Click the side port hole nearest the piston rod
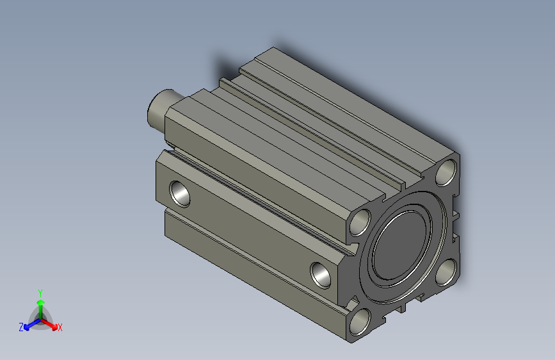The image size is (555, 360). (x=179, y=193)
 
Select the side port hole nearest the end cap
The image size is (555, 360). (x=322, y=274)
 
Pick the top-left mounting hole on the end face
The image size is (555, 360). (x=360, y=222)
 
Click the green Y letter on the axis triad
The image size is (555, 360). (x=40, y=291)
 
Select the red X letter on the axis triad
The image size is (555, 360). (x=60, y=328)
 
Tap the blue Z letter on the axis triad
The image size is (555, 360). (x=21, y=327)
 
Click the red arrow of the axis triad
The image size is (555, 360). (x=51, y=324)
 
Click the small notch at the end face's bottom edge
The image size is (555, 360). (x=404, y=307)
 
